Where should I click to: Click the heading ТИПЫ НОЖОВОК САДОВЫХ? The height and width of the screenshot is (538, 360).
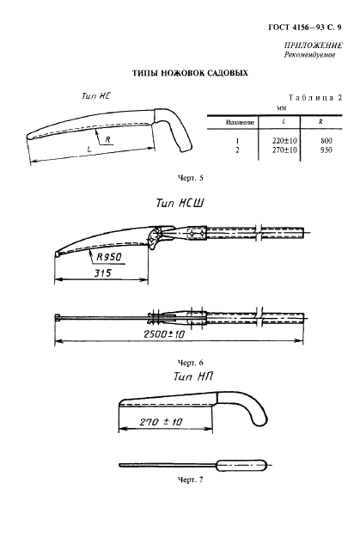190,73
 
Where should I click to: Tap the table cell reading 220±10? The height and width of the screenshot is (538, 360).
284,141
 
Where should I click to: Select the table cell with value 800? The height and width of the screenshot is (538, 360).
326,141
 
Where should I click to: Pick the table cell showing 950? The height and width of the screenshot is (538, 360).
326,150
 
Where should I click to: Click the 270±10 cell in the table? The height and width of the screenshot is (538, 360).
284,150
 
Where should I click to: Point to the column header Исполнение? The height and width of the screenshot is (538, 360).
240,122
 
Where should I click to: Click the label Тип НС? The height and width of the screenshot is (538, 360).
96,95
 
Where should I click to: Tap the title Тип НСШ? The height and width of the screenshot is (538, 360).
180,203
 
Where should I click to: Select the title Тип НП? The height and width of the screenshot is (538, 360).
193,376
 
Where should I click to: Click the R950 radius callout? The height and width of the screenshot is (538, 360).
108,257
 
